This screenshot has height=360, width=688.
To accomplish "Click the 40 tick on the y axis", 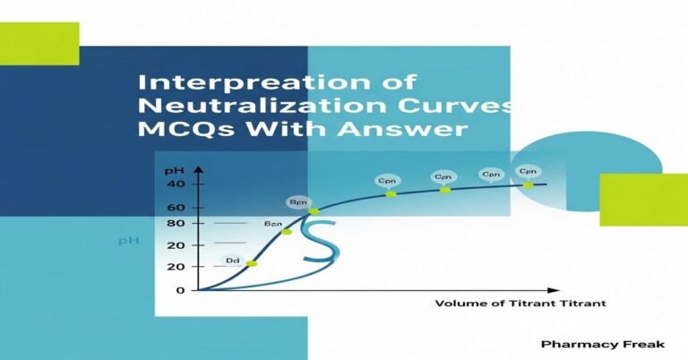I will (175, 184).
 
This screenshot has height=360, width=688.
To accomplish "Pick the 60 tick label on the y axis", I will (175, 208).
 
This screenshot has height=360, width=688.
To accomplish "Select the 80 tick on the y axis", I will (175, 224).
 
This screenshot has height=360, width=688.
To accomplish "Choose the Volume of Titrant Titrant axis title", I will (520, 304).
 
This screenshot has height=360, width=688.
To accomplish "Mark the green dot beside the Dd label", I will (252, 263).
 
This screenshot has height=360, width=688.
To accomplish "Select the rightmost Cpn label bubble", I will (529, 170).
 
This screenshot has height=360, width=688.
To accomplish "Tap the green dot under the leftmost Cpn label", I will (391, 193).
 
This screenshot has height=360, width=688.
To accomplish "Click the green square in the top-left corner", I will (39, 44).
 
